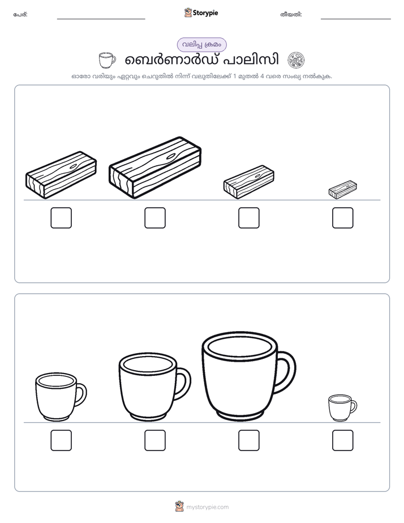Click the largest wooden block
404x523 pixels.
155,168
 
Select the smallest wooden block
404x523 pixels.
343,190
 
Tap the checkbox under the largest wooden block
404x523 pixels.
155,218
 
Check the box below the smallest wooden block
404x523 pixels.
343,218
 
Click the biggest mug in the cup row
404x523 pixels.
248,376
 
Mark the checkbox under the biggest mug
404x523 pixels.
249,440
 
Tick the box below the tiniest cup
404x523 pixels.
343,440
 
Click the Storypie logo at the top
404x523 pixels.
201,12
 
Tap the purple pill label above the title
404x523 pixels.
201,45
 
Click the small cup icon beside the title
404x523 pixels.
108,60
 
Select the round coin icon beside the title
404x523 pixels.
296,61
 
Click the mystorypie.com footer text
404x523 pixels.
207,507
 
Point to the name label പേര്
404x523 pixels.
20,15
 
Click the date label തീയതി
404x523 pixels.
291,15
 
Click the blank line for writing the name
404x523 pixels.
101,19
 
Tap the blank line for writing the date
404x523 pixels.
356,19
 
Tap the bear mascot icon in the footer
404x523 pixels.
179,507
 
